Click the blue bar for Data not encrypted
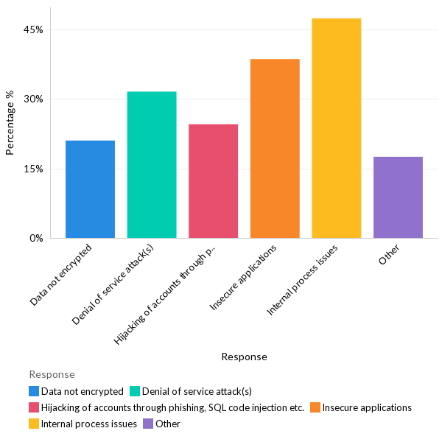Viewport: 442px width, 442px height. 90,189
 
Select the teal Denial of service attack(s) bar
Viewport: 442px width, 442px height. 152,165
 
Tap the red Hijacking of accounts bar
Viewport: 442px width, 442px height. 213,181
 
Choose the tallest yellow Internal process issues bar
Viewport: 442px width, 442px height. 336,128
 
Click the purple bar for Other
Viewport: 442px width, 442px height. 398,197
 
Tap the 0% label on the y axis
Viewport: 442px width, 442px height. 37,238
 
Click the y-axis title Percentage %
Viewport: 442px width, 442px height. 10,122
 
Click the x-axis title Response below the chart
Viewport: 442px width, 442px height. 244,357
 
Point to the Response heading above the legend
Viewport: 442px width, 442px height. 52,374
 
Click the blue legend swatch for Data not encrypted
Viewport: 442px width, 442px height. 34,391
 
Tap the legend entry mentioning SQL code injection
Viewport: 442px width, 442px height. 172,407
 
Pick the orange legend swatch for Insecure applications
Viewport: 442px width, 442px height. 315,407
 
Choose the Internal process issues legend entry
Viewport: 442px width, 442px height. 89,424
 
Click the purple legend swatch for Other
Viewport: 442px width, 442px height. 148,424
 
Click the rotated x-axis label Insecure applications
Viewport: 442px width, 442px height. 245,276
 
